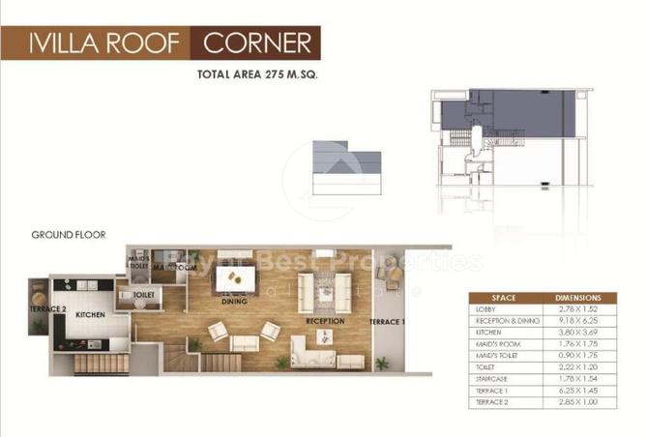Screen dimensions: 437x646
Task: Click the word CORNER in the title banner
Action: tap(257, 44)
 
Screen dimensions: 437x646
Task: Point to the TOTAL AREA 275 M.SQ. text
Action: tap(258, 74)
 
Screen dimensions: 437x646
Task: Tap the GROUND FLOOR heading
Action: tap(68, 235)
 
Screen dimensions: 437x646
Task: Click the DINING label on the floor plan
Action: tap(234, 302)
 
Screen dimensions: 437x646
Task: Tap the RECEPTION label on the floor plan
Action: tap(325, 320)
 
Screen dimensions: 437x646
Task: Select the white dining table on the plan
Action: tap(237, 278)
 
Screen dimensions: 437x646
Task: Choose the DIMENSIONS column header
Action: tap(578, 299)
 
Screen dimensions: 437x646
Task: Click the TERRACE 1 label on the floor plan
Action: tap(389, 321)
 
